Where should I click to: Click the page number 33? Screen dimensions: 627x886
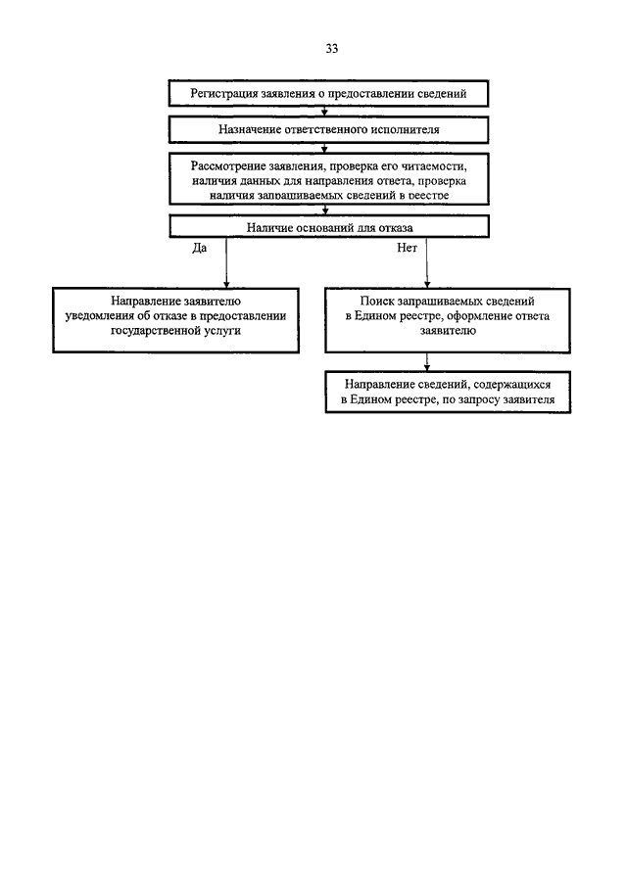pos(332,49)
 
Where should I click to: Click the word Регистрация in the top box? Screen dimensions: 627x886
pos(224,94)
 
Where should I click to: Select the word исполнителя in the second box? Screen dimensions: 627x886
pos(405,129)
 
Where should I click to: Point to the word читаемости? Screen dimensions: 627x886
pos(434,166)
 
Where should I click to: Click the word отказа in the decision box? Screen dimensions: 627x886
pos(395,228)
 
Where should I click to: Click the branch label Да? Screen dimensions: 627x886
pos(200,248)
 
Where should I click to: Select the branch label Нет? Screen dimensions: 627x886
pos(408,248)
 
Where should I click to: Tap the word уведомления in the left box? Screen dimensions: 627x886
pos(100,316)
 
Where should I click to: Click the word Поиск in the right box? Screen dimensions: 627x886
pos(376,302)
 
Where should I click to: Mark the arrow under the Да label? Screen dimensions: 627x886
pos(226,262)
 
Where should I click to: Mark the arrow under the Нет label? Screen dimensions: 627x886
pos(427,262)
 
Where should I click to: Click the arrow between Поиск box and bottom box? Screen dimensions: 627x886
pos(427,362)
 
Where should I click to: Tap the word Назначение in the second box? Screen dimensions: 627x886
pos(247,129)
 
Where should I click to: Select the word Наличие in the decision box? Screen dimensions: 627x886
pos(267,228)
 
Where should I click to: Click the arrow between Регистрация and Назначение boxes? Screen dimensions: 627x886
pos(324,112)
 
